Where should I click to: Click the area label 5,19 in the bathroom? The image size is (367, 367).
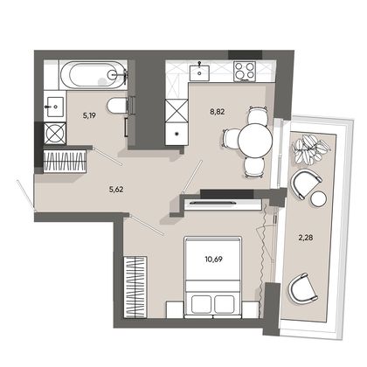coord(89,116)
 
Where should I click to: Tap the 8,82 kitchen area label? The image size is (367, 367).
coord(218,112)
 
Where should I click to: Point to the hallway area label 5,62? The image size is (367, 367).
coord(116,190)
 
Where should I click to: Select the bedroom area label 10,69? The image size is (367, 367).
coord(213,259)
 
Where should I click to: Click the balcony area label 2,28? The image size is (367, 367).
coord(306,238)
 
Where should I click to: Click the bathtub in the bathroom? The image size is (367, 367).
coord(93,75)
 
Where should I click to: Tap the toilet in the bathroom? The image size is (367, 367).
coord(117,106)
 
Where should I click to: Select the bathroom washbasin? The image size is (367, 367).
coord(54,107)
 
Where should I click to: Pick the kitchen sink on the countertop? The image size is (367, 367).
coord(199,73)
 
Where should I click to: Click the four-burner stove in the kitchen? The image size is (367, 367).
coord(245,71)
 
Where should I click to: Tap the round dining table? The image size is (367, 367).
coord(255,141)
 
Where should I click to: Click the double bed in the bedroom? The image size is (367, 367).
coord(213,277)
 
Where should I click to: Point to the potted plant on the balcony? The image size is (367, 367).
coord(309,149)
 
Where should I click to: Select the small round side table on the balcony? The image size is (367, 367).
coord(319,199)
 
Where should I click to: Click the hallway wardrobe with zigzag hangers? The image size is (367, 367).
coord(65,161)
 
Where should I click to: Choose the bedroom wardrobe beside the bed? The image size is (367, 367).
coord(135,287)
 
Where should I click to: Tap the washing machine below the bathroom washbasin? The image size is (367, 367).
coord(55,133)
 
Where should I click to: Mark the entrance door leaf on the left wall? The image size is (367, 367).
coord(25,195)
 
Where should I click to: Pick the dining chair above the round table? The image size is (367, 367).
coord(257,115)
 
